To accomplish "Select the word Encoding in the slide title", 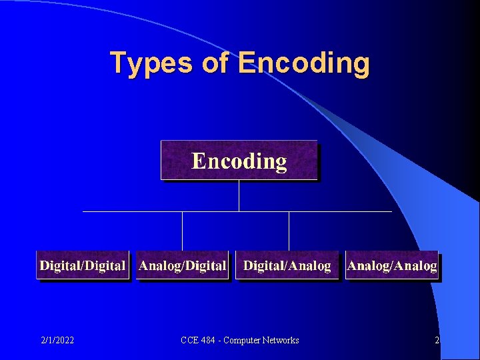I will tap(303, 64).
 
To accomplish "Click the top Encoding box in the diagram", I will tap(239, 161).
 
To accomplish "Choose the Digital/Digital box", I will tap(83, 265).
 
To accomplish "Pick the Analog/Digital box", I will tap(183, 265).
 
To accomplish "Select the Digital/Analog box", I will tap(287, 265).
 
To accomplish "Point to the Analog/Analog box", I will tap(392, 265).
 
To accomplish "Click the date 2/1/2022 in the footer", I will tap(57, 341).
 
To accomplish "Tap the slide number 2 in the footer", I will tap(437, 341).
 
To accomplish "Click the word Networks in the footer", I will tap(280, 341).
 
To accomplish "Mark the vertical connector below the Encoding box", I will tap(239, 195).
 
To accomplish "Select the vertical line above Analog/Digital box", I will tap(182, 231).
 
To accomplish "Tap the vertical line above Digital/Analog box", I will tap(289, 231).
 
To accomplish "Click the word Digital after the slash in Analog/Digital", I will tap(205, 265).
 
